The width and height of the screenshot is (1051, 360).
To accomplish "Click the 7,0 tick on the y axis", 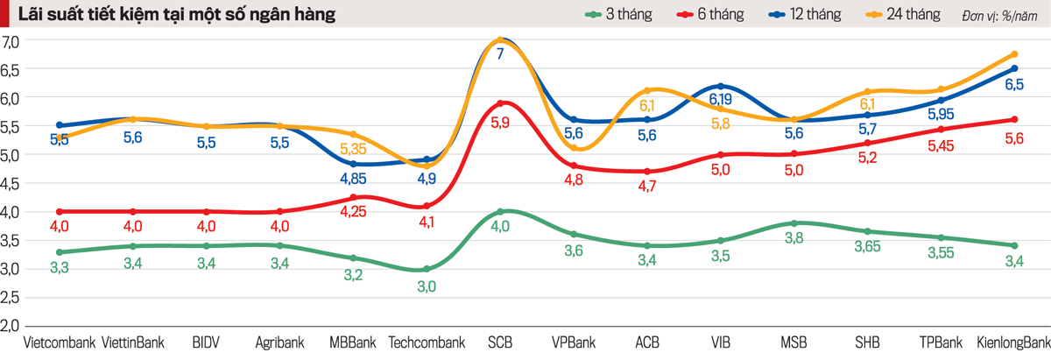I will click(11, 40).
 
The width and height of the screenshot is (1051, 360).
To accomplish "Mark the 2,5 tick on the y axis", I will click(11, 298).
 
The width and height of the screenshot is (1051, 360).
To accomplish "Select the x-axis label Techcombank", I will click(426, 342).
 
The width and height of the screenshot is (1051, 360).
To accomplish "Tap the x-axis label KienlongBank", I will click(1012, 342).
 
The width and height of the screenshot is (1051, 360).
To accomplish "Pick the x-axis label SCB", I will click(499, 342).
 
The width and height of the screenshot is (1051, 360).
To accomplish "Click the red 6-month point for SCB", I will click(499, 102).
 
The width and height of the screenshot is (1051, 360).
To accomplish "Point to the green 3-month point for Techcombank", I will click(427, 269).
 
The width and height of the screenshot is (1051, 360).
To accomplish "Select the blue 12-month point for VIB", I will click(720, 86).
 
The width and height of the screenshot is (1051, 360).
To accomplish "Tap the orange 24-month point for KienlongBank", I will click(1014, 54).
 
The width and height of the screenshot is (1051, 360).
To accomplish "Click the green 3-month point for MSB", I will click(794, 223).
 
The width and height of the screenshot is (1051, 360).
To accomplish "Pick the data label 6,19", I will click(720, 99).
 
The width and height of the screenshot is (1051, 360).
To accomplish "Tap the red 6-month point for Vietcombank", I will click(59, 211).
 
